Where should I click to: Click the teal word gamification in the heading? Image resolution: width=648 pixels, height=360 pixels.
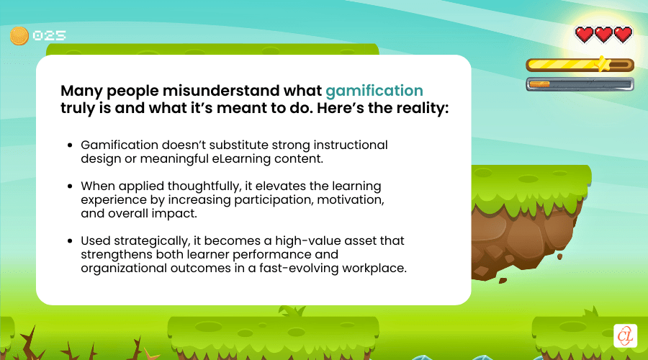pos(374,91)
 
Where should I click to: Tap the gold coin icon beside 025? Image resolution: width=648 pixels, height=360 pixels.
pos(19,35)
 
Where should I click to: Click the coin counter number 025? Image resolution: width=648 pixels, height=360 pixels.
pos(48,35)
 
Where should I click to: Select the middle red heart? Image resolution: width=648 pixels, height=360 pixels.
pos(603,34)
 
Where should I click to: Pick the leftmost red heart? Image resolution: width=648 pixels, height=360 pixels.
pos(584,34)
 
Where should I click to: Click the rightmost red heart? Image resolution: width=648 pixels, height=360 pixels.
pos(623,34)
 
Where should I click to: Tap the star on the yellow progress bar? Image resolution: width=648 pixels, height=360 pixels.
pos(602,64)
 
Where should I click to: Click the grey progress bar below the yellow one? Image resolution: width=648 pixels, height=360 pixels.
pos(580,84)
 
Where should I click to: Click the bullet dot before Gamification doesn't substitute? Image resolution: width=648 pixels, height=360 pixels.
pos(70,145)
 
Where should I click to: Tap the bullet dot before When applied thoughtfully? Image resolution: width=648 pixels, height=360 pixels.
pos(70,186)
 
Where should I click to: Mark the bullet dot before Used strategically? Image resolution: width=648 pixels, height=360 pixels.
pos(70,240)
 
